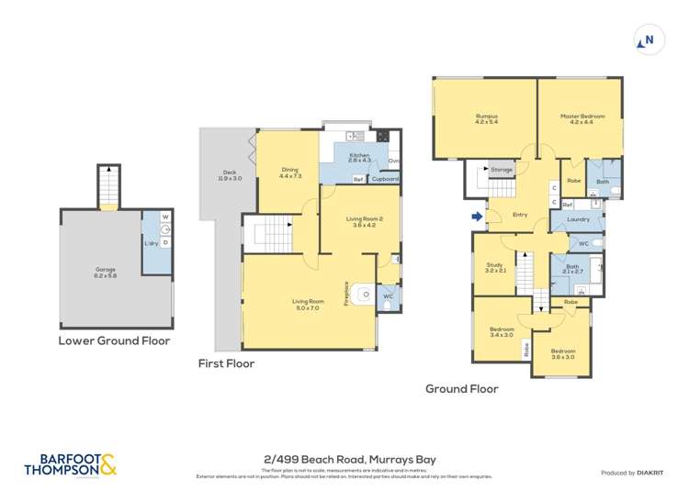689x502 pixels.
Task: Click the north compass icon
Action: (x=649, y=39)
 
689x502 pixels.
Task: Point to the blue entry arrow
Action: (x=475, y=218)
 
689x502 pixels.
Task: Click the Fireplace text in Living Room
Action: (x=346, y=292)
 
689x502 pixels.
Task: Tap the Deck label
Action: (x=232, y=174)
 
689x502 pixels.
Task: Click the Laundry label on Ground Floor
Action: (x=578, y=219)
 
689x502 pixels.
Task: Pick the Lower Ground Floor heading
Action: (x=115, y=340)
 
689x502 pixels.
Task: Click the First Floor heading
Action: (x=226, y=363)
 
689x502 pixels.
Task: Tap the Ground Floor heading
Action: (x=461, y=389)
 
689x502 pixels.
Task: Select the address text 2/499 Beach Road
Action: (x=344, y=459)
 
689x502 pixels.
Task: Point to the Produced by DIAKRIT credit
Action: (x=631, y=472)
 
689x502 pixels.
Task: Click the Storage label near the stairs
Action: (x=501, y=170)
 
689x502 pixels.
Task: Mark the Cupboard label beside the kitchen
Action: (x=385, y=179)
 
